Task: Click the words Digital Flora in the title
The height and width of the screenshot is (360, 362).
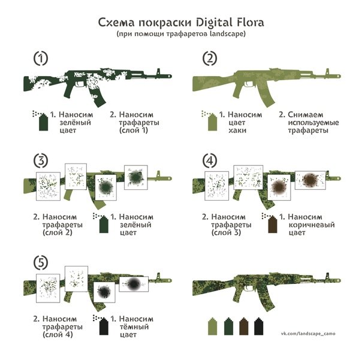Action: [x=232, y=23]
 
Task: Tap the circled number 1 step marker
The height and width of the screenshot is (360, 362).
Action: [x=40, y=59]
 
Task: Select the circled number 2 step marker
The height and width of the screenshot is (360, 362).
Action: [x=209, y=59]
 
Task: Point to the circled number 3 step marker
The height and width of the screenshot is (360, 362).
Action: [x=40, y=160]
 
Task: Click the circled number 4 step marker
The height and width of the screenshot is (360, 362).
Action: [x=209, y=160]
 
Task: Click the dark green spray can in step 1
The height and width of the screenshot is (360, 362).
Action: [x=43, y=123]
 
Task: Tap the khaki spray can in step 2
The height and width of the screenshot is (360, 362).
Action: [x=211, y=123]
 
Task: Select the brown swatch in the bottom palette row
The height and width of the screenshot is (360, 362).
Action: [x=243, y=327]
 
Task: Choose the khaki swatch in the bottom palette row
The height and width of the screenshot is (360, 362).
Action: [x=212, y=327]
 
